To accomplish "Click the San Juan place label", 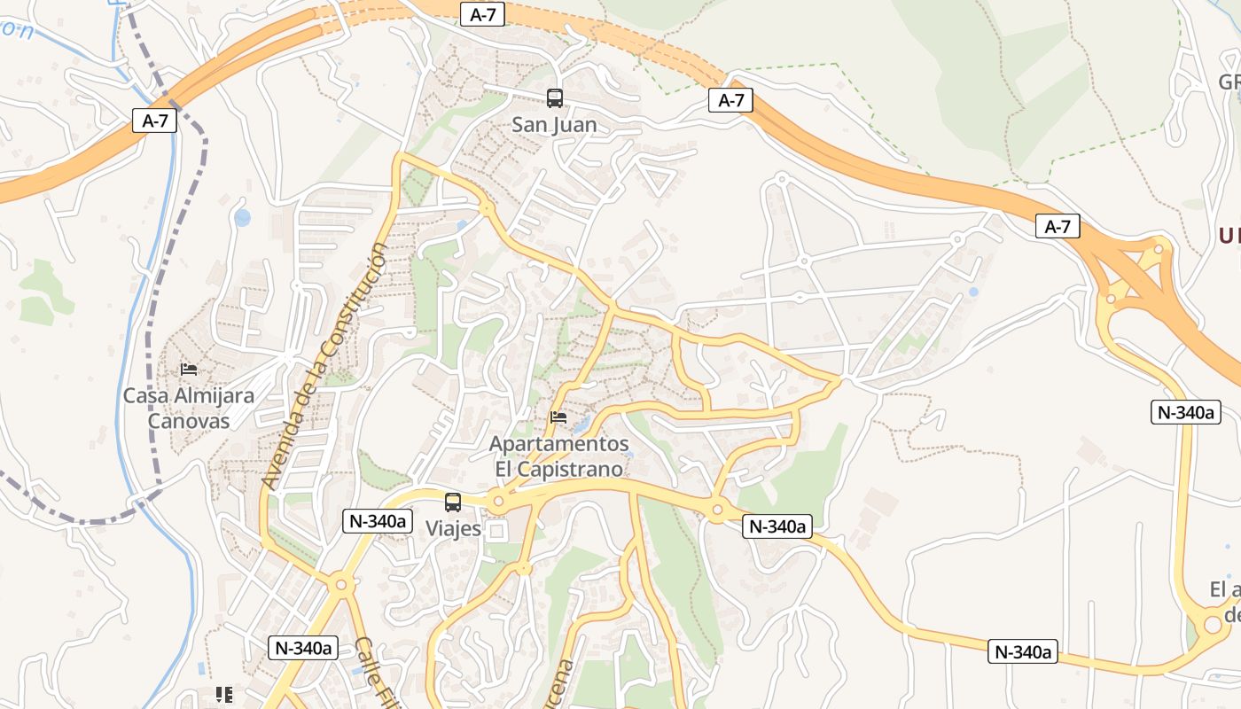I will coord(554,125).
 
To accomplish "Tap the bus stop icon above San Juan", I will coord(554,98).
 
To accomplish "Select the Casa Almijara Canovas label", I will coord(188,408).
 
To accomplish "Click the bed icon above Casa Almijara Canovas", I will coord(188,370).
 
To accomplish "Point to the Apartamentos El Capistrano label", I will coord(559,456).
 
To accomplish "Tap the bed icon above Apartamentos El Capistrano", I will coord(558,417).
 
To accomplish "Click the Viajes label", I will coord(453,529).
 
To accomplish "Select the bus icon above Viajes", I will coord(453,503).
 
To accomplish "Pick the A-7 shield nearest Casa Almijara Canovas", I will coord(155,121).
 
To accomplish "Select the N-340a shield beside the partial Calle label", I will coord(304,648).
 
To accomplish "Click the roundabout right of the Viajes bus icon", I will coord(498,503).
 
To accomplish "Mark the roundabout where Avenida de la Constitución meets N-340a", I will coord(340,584).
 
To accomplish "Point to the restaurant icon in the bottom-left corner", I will coord(223,695).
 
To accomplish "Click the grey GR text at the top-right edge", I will coord(1229,82).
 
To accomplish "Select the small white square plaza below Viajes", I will coord(496,532).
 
